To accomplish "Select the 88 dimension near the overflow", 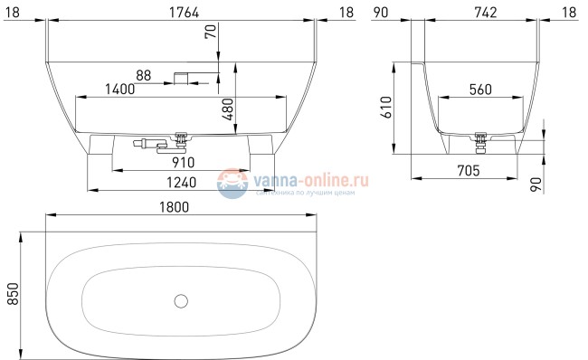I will pos(143,75).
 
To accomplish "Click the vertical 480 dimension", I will pos(228,111).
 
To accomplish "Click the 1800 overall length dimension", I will pos(180,207).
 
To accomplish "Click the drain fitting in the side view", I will pos(481,137).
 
